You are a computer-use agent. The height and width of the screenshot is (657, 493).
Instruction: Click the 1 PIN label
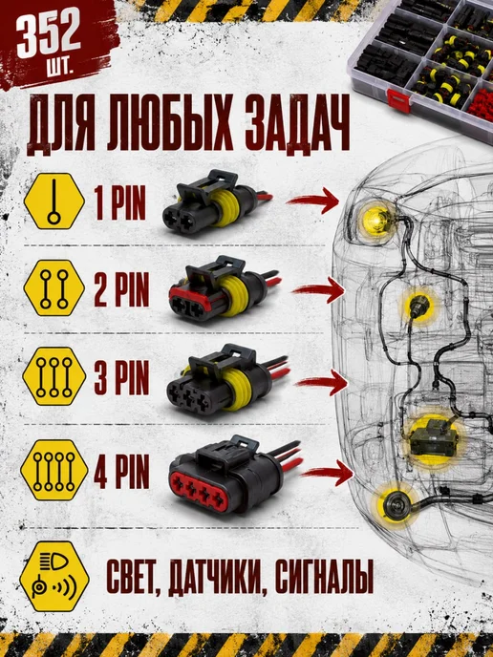119,202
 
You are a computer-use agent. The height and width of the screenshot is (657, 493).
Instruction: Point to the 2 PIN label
121,289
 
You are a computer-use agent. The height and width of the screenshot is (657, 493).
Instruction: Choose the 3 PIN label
121,377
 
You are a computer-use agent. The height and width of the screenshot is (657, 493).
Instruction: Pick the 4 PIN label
121,472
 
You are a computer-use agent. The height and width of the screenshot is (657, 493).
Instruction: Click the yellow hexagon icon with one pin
54,201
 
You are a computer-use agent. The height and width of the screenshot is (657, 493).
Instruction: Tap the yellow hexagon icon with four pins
54,470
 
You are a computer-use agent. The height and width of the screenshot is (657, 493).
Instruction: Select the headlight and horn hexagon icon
54,576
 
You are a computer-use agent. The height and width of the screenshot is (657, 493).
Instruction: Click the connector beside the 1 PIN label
216,202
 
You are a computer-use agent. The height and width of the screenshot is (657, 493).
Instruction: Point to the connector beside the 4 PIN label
235,476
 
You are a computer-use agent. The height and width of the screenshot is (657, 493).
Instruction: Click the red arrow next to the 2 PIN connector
318,289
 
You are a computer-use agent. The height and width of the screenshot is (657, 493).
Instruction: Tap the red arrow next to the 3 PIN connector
322,382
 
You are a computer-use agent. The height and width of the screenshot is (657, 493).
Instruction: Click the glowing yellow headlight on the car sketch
377,220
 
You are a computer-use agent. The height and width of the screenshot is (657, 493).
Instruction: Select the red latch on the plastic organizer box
398,101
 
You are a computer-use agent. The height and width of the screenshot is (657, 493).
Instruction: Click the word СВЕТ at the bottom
134,577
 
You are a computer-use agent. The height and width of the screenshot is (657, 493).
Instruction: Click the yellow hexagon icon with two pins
54,288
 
